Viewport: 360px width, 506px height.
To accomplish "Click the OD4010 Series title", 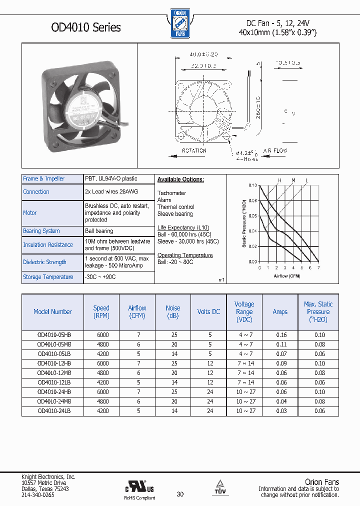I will point(86,27).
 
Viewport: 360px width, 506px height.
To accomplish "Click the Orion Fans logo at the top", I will point(180,23).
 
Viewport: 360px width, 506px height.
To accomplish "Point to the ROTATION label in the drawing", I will point(194,150).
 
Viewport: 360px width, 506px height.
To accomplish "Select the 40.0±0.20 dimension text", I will point(203,54).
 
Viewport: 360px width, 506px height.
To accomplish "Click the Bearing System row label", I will point(41,231).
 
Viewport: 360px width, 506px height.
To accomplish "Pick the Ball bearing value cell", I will point(99,231).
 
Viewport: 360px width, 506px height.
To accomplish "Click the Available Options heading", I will point(180,179).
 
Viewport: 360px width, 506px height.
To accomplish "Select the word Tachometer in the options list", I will point(171,193).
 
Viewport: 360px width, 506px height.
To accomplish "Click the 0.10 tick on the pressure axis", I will point(252,185).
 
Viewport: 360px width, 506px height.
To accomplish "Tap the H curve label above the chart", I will point(280,180).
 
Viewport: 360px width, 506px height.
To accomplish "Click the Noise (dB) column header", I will point(173,311).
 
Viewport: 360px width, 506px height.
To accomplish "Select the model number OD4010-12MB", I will point(53,372).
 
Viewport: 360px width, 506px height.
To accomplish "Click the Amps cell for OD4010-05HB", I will point(280,334).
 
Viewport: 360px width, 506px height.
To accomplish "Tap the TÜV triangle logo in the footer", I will point(220,485).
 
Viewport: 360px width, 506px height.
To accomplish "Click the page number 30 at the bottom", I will point(180,494).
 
